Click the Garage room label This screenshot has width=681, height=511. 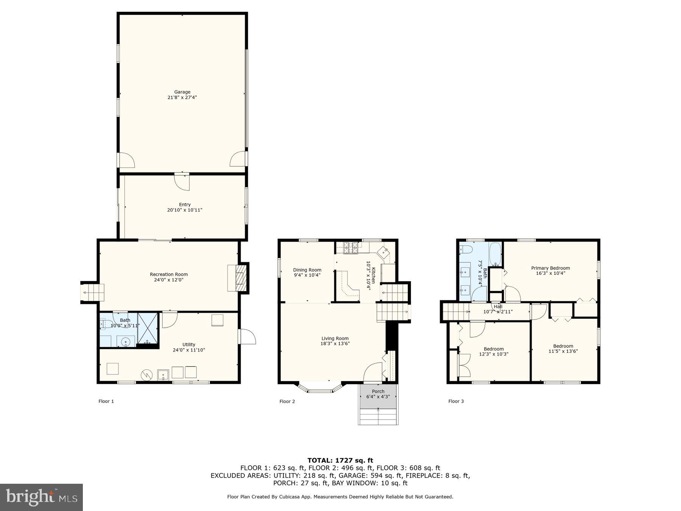click(x=182, y=92)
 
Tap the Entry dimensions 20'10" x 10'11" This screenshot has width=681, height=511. click(x=185, y=210)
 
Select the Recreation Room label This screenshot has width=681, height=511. click(x=169, y=274)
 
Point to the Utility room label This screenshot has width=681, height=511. click(x=189, y=344)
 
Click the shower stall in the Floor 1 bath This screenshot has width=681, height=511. click(x=148, y=329)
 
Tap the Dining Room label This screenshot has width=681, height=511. click(x=307, y=270)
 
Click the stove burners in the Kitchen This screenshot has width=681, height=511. click(x=351, y=248)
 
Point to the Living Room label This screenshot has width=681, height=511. click(x=335, y=338)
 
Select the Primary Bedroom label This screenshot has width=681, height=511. click(x=550, y=268)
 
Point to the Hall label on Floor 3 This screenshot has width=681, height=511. click(x=498, y=307)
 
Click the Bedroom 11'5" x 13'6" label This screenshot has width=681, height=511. click(x=563, y=348)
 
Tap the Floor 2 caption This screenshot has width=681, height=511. click(x=287, y=401)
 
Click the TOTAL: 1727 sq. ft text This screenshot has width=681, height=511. click(x=340, y=460)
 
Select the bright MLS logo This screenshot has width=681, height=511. click(x=41, y=497)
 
